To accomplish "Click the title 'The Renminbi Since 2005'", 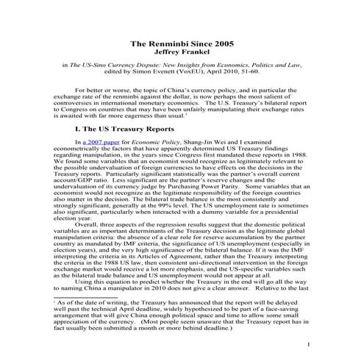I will [x=182, y=43].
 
